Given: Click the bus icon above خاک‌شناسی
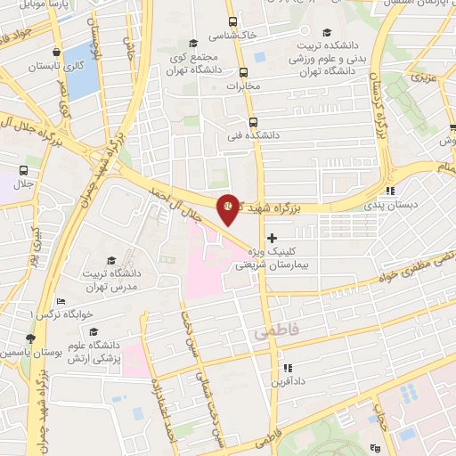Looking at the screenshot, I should (232, 22).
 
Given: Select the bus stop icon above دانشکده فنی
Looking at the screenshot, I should (253, 121).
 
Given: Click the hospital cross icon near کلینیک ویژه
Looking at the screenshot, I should (272, 238).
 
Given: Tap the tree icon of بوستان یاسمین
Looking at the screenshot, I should (31, 338).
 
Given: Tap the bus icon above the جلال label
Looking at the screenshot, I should (23, 169).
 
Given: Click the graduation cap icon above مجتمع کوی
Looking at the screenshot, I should (193, 44).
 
